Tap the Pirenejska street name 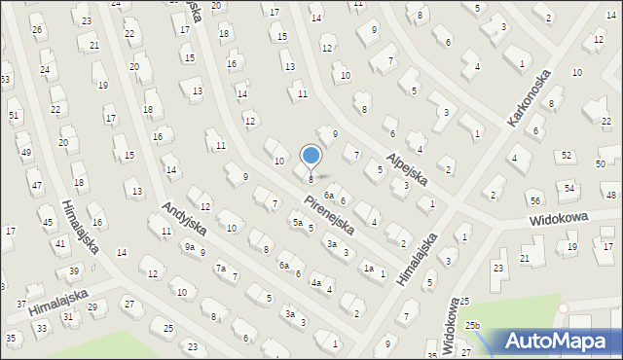[x=327, y=217]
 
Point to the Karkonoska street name [x=529, y=97]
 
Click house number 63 [x=5, y=79]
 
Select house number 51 [x=14, y=116]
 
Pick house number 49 [x=25, y=153]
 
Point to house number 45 [x=47, y=223]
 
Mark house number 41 [x=60, y=243]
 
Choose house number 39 [x=74, y=270]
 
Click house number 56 [x=535, y=199]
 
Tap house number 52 [x=567, y=155]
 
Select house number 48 [x=610, y=196]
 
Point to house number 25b [x=472, y=325]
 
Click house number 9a [x=190, y=247]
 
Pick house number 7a [x=221, y=268]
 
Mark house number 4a [x=316, y=283]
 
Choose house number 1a [x=368, y=268]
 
